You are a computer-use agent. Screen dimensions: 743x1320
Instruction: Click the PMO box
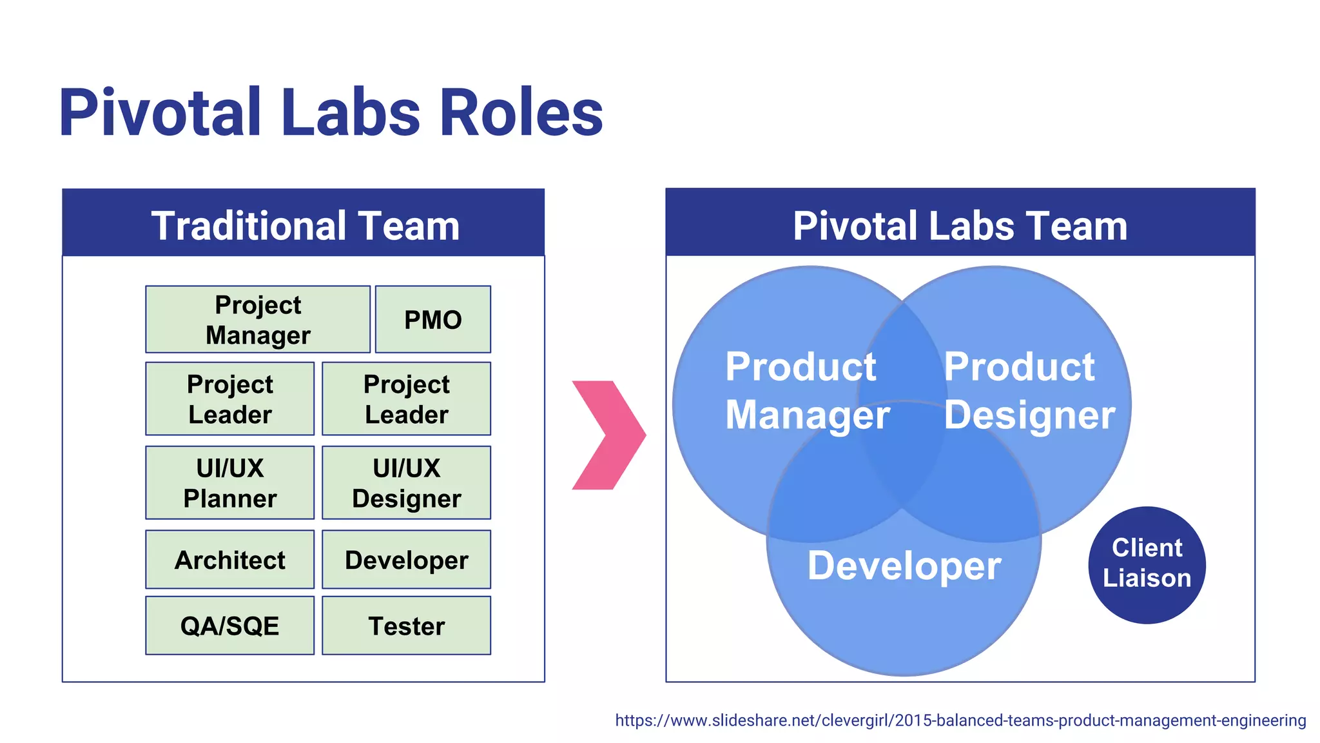tap(432, 319)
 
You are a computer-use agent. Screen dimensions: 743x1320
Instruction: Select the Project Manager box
tap(258, 319)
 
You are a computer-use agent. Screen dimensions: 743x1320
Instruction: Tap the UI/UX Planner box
tap(229, 482)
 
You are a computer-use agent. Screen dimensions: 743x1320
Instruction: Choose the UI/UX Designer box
tap(406, 482)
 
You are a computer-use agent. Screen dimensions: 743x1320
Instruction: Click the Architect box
tap(229, 559)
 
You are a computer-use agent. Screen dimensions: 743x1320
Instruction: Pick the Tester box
tap(406, 626)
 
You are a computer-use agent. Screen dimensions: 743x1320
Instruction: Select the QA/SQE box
tap(229, 626)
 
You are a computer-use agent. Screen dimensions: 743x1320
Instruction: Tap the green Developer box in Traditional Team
tap(406, 559)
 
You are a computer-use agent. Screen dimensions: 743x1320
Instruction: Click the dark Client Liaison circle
tap(1147, 564)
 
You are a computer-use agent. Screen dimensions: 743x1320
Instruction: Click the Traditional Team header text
tap(305, 226)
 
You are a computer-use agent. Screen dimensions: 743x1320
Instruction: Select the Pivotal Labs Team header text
tap(960, 226)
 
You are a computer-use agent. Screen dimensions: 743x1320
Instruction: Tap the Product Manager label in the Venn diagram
tap(806, 390)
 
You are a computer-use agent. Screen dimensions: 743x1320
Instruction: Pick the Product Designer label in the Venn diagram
tap(1029, 390)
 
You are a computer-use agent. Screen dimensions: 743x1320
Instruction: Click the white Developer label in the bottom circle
tap(904, 566)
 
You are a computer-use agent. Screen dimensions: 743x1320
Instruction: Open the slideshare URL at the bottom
tap(960, 720)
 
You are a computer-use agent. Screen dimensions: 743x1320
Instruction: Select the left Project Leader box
tap(229, 399)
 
